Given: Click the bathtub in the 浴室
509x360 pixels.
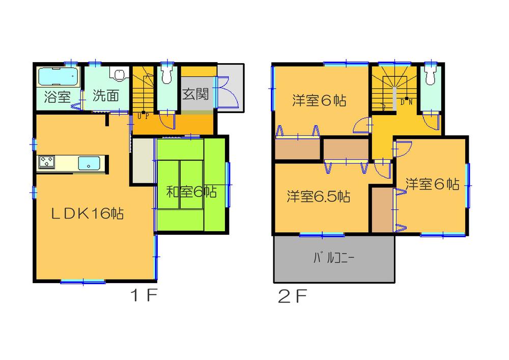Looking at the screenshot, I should [58, 77].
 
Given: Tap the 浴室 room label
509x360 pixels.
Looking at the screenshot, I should [57, 97].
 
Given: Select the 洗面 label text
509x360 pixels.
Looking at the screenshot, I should [105, 97].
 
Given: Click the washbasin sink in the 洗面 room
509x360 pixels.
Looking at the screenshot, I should [119, 76].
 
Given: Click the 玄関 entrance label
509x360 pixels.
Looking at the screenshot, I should [195, 94].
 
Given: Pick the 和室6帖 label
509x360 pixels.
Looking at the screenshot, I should [192, 192].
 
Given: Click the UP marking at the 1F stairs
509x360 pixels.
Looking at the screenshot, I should [143, 116].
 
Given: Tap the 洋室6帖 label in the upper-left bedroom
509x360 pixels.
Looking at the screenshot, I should [319, 101].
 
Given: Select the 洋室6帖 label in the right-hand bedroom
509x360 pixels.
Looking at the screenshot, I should [432, 184].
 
